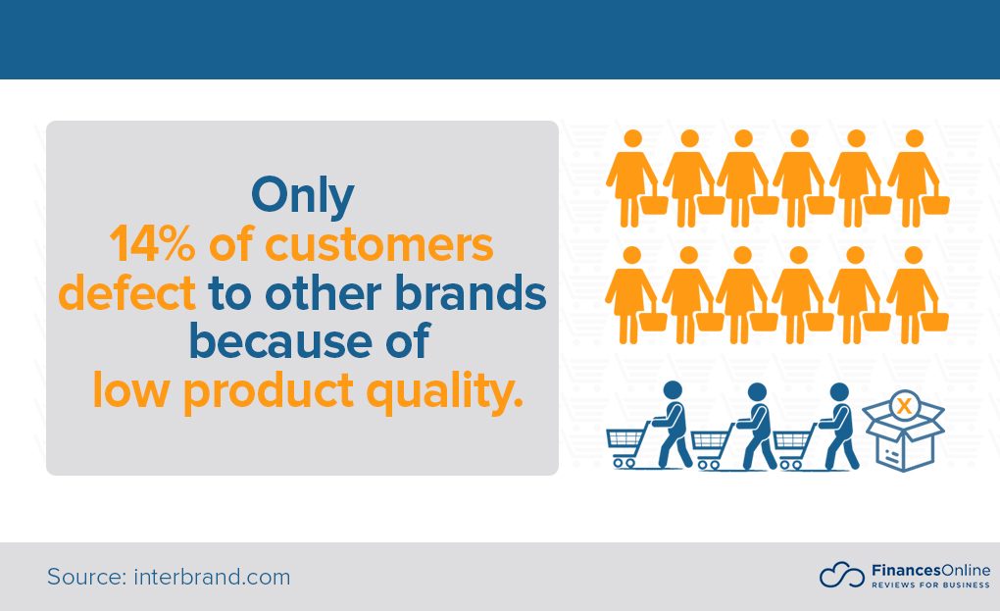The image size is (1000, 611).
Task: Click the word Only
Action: coord(302,196)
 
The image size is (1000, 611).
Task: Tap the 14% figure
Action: coord(155,245)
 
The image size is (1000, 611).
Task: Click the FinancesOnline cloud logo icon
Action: coord(841,576)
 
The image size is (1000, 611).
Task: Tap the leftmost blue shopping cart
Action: coord(627,445)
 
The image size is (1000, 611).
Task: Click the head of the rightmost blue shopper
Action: coord(838,390)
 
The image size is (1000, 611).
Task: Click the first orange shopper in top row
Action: coord(630,177)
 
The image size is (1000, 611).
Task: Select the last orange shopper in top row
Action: coord(915,177)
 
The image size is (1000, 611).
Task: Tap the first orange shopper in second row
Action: coord(630,292)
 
